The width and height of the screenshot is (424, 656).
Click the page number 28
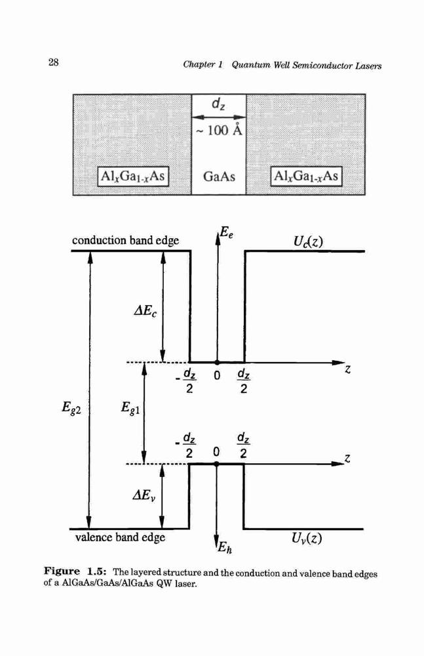point(54,63)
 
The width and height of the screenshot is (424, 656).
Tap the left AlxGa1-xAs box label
point(133,176)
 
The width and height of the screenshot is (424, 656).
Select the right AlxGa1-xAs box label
point(306,176)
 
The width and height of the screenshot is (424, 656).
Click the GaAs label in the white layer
point(219,176)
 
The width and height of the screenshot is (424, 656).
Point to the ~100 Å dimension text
point(219,131)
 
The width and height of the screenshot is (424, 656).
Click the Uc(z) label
point(308,241)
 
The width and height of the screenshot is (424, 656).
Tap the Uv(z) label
point(307,538)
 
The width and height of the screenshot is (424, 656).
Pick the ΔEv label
point(144,496)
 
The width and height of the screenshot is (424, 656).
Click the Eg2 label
point(71,407)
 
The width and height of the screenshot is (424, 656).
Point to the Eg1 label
point(130,407)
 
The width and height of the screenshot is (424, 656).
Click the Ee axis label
point(227,232)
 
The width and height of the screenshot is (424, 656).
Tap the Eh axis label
point(225,546)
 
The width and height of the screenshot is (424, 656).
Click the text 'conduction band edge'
point(125,240)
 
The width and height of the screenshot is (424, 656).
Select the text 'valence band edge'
point(120,537)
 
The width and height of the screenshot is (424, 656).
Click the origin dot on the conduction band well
point(217,362)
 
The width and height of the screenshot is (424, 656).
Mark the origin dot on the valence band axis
point(216,464)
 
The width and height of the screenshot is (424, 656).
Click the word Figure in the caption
point(62,571)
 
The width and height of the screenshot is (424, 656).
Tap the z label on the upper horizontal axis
point(348,369)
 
